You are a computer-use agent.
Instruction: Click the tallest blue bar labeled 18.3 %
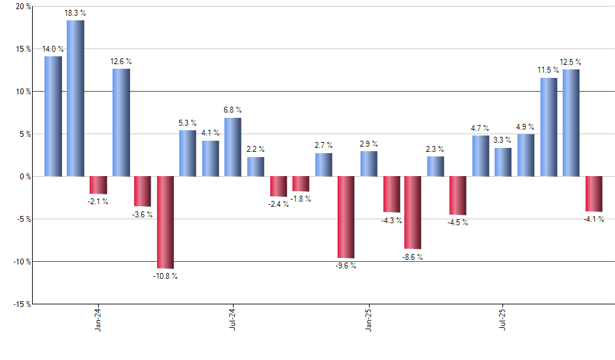(x=75, y=98)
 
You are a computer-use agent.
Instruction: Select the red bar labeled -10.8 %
(x=165, y=222)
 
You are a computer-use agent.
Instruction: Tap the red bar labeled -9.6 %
(x=345, y=217)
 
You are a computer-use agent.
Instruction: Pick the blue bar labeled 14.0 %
(x=53, y=116)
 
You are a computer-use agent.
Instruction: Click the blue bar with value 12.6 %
(x=121, y=122)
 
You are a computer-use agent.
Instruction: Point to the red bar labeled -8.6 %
(x=412, y=213)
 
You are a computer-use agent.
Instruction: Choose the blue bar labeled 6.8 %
(x=232, y=147)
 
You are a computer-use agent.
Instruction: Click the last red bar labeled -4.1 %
(x=593, y=194)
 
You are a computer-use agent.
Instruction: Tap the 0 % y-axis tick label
(x=24, y=177)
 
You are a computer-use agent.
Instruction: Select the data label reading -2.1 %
(x=98, y=201)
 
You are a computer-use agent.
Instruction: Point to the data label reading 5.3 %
(x=188, y=123)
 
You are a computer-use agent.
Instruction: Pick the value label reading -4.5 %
(x=457, y=223)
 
